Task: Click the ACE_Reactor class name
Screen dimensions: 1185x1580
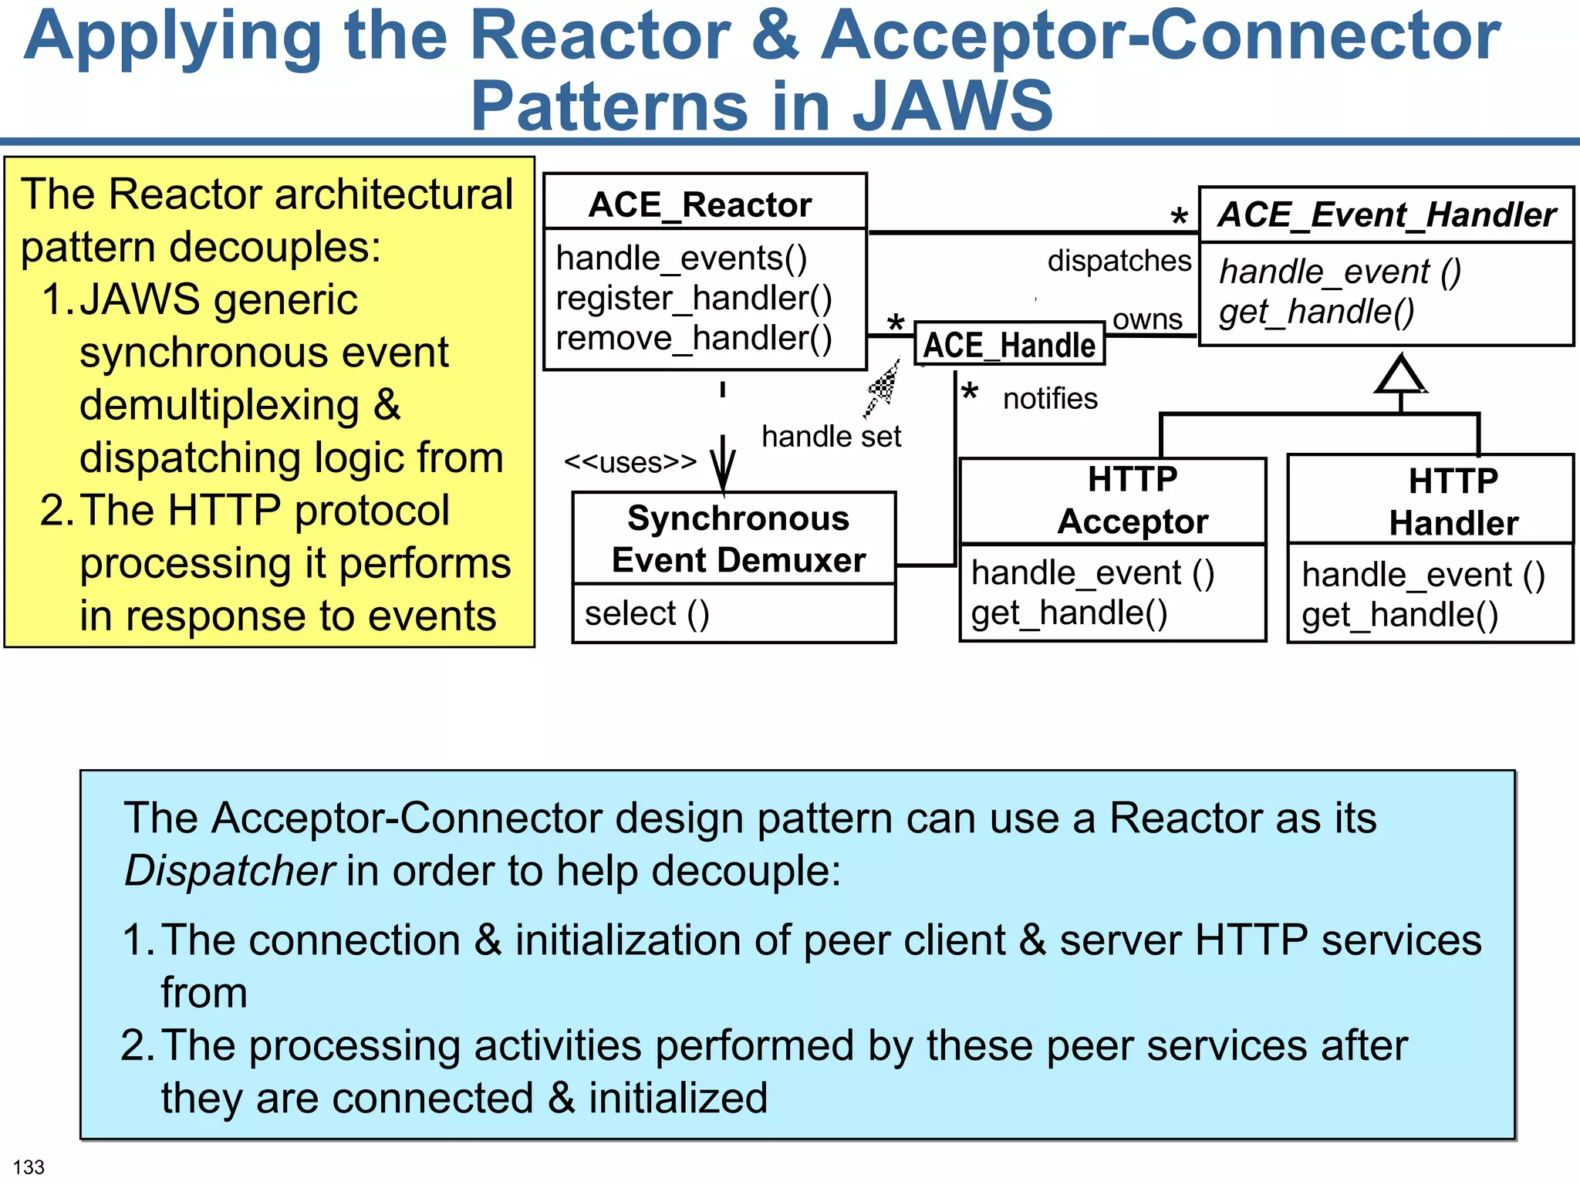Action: tap(700, 205)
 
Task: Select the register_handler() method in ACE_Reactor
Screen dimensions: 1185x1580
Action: tap(694, 299)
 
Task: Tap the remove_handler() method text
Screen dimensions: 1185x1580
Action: tap(694, 339)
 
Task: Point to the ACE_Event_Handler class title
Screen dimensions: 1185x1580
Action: tap(1386, 215)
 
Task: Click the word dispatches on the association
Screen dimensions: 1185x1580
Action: tap(1119, 261)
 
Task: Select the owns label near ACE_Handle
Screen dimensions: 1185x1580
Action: tap(1147, 319)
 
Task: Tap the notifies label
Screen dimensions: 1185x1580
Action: tap(1049, 399)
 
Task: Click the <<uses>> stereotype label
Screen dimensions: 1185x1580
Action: tap(630, 462)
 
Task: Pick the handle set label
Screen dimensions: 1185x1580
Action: tap(831, 437)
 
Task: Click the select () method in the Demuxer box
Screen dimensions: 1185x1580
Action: tap(647, 614)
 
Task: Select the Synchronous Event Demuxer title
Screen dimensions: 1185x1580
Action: tap(738, 539)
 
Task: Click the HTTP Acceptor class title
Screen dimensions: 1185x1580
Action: tap(1132, 501)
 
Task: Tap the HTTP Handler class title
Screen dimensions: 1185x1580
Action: tap(1453, 502)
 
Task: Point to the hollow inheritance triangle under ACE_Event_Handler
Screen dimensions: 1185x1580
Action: tap(1400, 376)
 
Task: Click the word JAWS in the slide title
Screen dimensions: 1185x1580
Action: tap(952, 106)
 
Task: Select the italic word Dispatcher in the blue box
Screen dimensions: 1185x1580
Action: tap(229, 871)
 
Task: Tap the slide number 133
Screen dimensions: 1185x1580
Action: tap(29, 1166)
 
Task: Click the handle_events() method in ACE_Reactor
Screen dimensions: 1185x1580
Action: tap(681, 258)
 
